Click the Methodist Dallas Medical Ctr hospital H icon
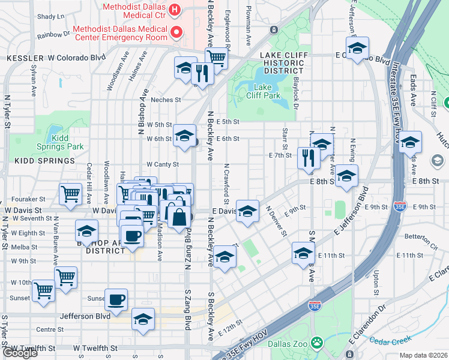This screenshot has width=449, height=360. coord(175,10)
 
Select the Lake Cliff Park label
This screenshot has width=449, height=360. coord(263,91)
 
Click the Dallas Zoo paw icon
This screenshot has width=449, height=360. coord(317,344)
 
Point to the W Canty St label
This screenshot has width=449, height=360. coord(163,164)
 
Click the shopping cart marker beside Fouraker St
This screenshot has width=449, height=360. coord(71,193)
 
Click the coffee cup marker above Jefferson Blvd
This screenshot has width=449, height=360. coord(116,299)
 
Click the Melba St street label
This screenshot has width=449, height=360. coord(24,247)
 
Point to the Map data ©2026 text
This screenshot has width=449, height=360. coord(423,355)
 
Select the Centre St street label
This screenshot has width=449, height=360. coord(50,329)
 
